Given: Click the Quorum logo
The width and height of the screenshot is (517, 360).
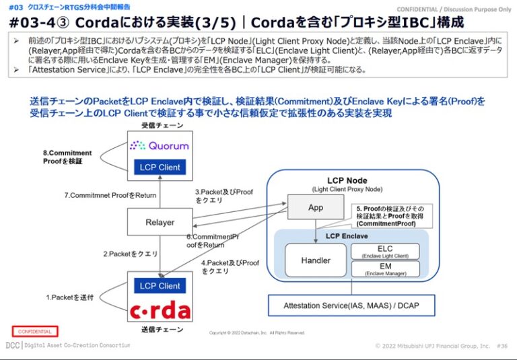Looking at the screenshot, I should tap(160, 145).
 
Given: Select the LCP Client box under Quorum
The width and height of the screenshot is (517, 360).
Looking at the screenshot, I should tap(160, 167).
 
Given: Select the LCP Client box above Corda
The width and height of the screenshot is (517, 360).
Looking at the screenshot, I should tap(160, 285).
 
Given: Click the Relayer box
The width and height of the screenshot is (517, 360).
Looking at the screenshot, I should tap(160, 222).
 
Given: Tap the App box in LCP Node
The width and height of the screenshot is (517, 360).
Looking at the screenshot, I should tap(315, 207).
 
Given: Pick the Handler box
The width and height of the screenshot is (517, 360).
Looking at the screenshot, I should tap(315, 260).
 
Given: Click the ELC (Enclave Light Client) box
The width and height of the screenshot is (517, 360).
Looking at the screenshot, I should tap(384, 251).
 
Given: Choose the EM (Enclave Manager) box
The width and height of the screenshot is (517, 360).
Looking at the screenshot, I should tap(384, 269).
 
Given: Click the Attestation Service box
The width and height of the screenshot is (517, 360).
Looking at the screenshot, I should tap(352, 305).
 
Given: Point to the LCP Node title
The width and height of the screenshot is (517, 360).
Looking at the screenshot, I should tap(347, 180).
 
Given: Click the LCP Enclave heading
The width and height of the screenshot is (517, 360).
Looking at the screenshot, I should tap(347, 236).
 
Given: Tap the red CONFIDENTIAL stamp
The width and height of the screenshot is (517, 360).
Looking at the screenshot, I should tap(34, 331).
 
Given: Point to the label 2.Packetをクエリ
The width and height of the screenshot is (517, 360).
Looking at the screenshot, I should tap(130, 254).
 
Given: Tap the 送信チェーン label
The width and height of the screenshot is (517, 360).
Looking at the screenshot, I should tap(160, 330).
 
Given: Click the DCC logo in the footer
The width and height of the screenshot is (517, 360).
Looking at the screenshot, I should tap(12, 345).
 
